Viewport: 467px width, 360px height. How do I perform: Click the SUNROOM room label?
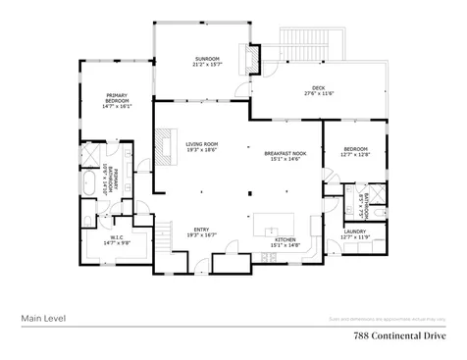[x=206, y=60]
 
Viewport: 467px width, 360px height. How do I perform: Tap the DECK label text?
[x=319, y=87]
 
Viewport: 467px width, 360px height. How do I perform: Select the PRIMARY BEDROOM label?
[x=118, y=98]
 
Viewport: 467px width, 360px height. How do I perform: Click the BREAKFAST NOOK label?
[x=285, y=153]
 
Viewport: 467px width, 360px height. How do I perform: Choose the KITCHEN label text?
[x=285, y=238]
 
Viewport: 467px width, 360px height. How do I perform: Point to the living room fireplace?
[x=163, y=144]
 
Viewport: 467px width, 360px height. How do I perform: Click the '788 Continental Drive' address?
[x=399, y=334]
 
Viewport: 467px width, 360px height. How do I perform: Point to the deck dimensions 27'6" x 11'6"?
[x=319, y=93]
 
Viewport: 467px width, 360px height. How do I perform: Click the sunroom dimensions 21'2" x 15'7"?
[x=206, y=66]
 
